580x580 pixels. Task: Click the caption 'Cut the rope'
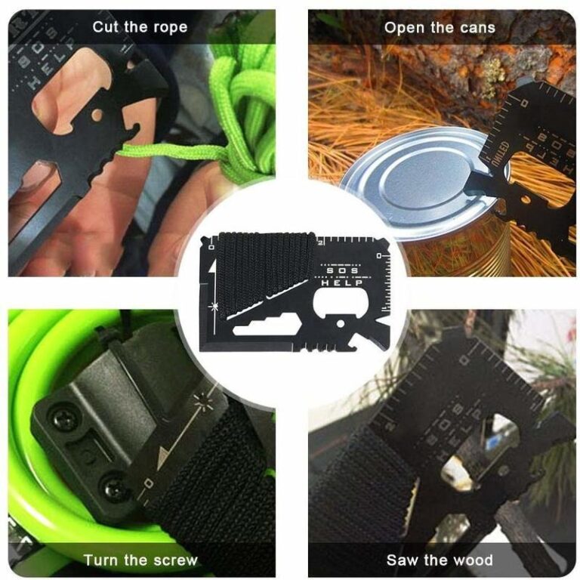(140, 27)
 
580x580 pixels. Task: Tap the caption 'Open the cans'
(440, 27)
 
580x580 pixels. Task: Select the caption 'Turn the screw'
(140, 560)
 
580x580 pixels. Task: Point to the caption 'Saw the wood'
(440, 560)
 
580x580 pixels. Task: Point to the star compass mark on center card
(217, 304)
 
